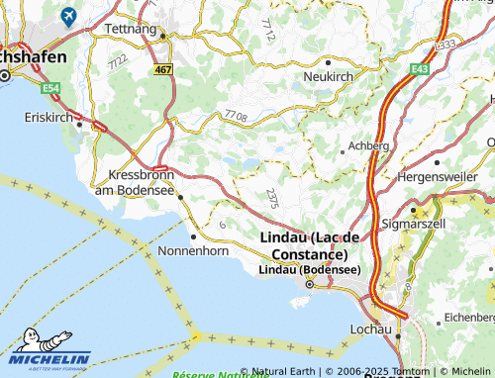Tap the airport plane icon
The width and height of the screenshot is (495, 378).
point(68,16)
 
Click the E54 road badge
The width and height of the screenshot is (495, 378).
point(49,88)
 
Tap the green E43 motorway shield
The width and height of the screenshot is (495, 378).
point(421,67)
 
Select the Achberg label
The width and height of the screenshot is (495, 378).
point(368,145)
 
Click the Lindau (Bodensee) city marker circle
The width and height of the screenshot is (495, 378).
point(310,285)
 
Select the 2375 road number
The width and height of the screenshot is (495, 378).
point(273,197)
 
